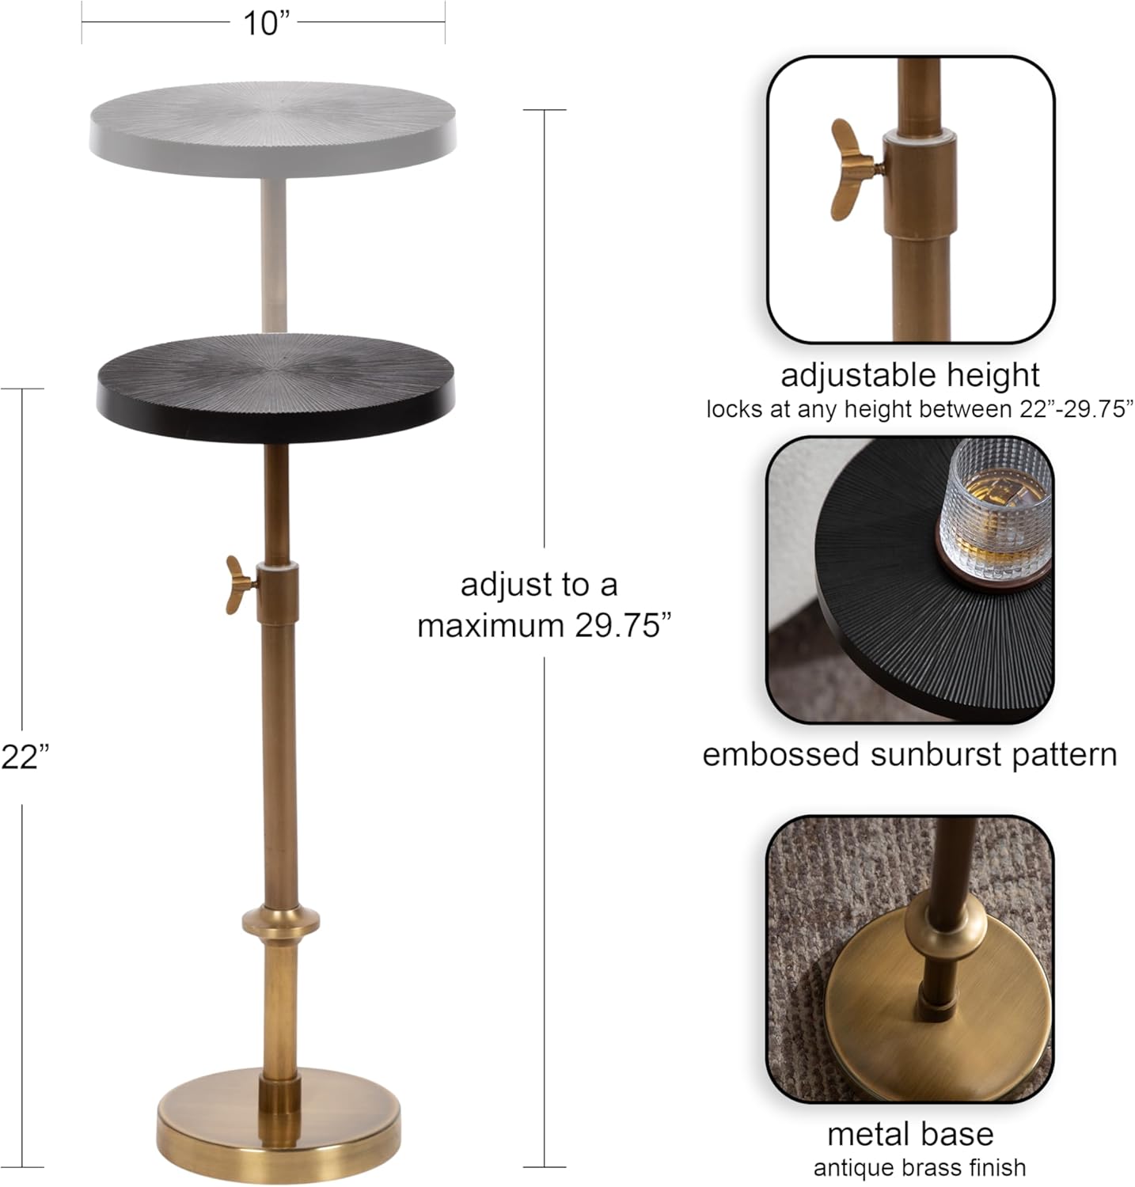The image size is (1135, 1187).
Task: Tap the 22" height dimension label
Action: pos(25,757)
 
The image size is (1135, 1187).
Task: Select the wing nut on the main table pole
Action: pos(239,585)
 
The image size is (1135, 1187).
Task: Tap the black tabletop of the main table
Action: pos(275,383)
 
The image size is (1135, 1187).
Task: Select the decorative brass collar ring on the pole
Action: pos(281,922)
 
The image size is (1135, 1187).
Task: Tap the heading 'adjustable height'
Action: pos(910,375)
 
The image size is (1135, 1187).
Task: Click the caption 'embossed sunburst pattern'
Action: pos(909,754)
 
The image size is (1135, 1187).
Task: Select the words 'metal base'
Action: pos(910,1134)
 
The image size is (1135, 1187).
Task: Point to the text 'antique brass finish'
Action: pos(919,1168)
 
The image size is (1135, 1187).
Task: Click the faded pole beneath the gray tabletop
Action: pos(272,253)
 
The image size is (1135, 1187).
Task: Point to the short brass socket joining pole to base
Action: pos(280,1096)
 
